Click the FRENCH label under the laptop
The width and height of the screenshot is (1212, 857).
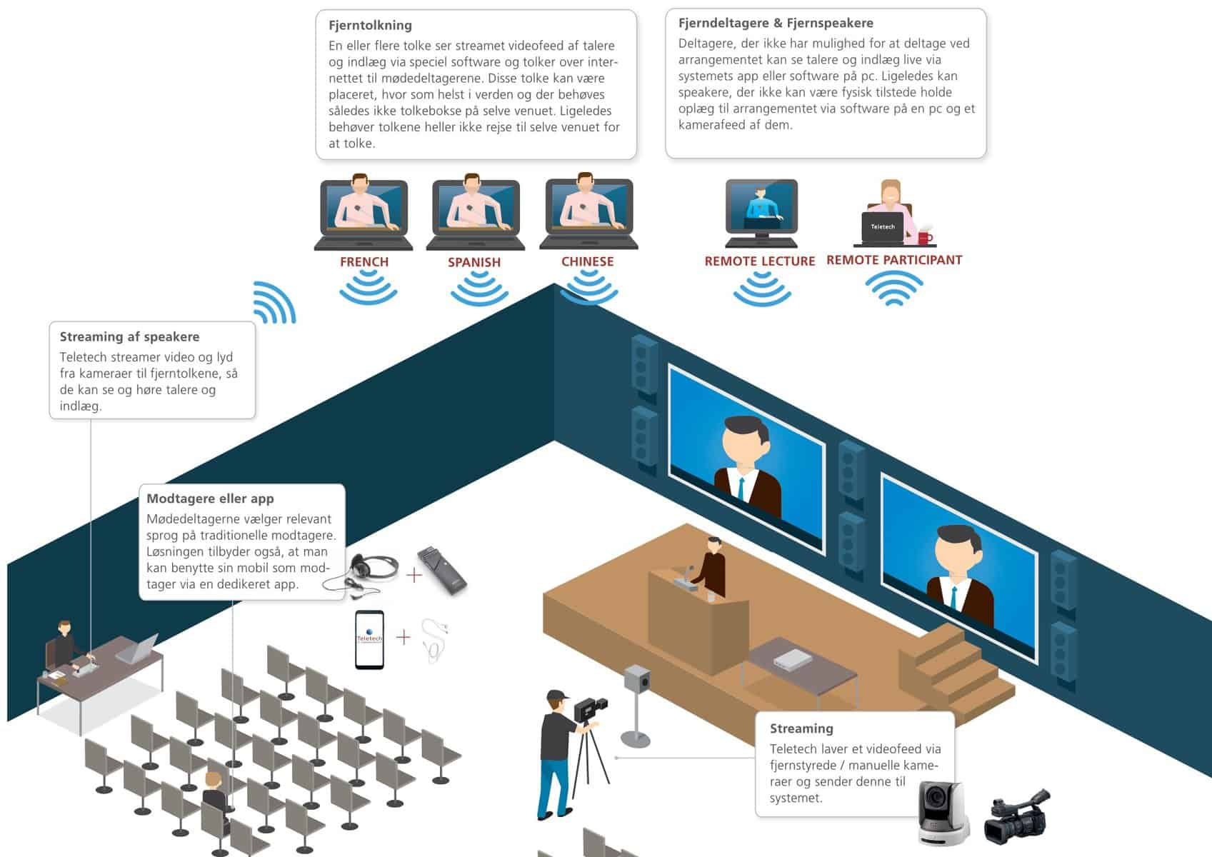click(x=364, y=262)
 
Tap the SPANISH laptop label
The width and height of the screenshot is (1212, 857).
click(x=474, y=262)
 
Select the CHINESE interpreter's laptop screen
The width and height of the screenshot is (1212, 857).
click(x=589, y=206)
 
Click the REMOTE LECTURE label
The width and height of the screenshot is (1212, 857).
click(x=760, y=261)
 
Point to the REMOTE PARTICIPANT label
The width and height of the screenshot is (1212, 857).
click(x=894, y=260)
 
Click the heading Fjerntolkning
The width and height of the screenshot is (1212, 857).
click(x=370, y=25)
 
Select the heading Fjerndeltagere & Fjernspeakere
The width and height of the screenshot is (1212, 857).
click(x=776, y=23)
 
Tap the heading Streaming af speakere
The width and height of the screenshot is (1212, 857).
click(x=129, y=336)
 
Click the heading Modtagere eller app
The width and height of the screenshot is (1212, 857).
click(x=210, y=498)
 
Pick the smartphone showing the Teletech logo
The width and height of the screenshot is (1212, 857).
click(x=369, y=639)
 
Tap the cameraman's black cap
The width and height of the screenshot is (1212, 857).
click(x=557, y=695)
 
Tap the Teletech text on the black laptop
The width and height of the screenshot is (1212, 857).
click(x=883, y=226)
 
